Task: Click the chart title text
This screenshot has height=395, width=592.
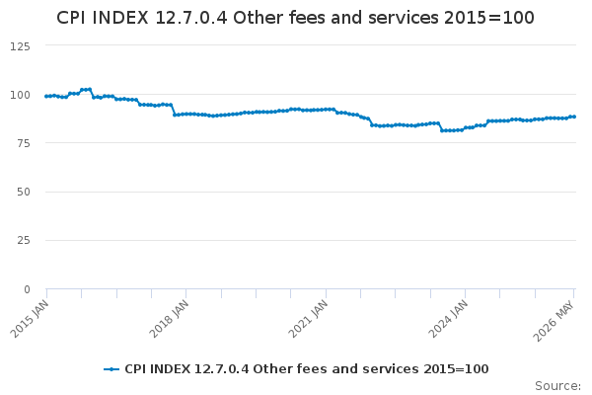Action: pyautogui.click(x=295, y=18)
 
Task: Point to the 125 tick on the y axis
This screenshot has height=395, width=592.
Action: pyautogui.click(x=20, y=46)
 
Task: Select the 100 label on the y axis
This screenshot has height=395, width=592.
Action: pyautogui.click(x=20, y=95)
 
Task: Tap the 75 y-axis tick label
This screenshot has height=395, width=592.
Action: pyautogui.click(x=24, y=143)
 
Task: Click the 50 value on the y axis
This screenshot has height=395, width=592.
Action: pyautogui.click(x=24, y=192)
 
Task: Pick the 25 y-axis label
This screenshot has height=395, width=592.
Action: pyautogui.click(x=24, y=240)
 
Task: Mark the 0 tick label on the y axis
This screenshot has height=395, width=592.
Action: pyautogui.click(x=27, y=289)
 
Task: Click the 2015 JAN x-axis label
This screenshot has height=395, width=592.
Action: pyautogui.click(x=30, y=319)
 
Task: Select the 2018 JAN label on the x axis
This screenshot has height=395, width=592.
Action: pyautogui.click(x=169, y=319)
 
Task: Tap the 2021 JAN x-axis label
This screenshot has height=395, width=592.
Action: pyautogui.click(x=308, y=319)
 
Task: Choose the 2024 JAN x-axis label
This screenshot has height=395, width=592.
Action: pyautogui.click(x=448, y=319)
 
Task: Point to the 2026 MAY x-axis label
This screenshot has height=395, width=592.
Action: pyautogui.click(x=554, y=321)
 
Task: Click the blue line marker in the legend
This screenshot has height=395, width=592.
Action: pyautogui.click(x=111, y=369)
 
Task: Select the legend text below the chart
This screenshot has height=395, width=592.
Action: pyautogui.click(x=307, y=369)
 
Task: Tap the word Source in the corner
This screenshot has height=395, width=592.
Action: pyautogui.click(x=555, y=386)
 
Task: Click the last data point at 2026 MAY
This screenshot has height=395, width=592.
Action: pyautogui.click(x=574, y=117)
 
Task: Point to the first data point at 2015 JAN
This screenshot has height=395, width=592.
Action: pyautogui.click(x=46, y=97)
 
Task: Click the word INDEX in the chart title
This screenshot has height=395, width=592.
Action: pyautogui.click(x=120, y=18)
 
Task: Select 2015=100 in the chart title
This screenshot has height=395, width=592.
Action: pyautogui.click(x=489, y=18)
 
